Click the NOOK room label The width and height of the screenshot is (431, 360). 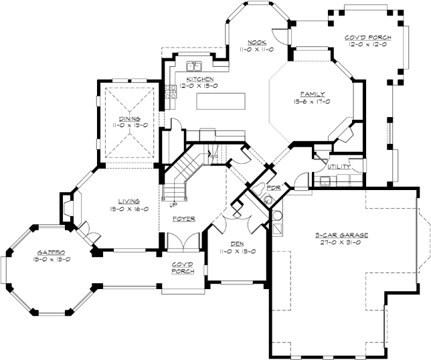[257, 42]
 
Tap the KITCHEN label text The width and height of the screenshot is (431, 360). [200, 79]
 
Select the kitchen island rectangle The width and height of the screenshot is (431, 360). [221, 102]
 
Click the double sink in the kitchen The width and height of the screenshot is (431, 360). [194, 66]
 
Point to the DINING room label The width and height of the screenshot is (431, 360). [130, 118]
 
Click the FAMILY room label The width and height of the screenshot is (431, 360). [313, 94]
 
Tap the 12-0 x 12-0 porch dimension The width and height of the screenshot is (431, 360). [368, 44]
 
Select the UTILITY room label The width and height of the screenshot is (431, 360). [339, 167]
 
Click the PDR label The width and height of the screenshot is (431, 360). [274, 188]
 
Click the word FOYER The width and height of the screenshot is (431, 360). [184, 219]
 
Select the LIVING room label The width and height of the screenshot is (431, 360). [129, 201]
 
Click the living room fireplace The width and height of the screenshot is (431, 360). [68, 207]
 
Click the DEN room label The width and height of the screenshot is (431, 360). [237, 244]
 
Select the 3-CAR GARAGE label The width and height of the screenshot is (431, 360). [341, 235]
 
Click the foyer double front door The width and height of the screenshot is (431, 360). [183, 242]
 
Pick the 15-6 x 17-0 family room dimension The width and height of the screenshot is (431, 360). [312, 102]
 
